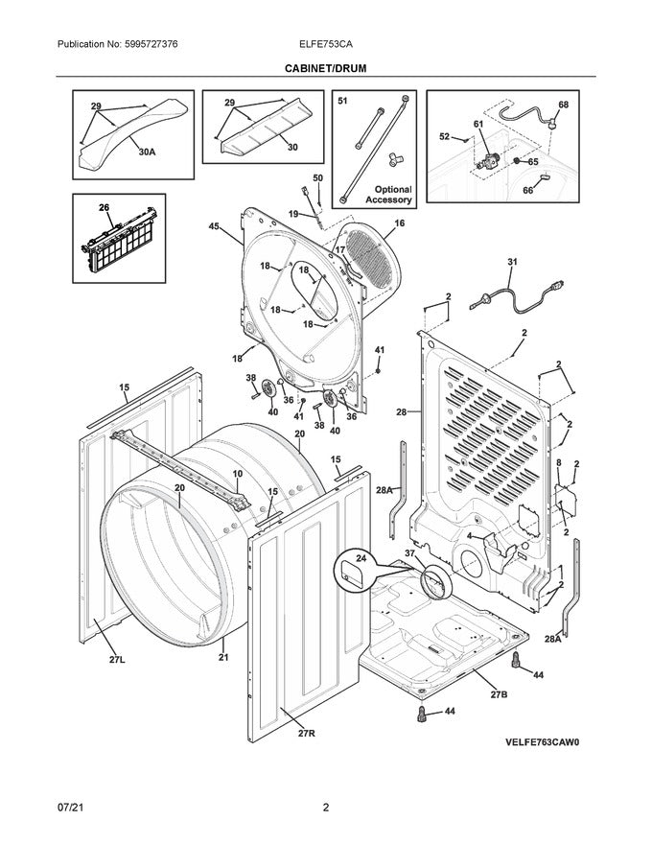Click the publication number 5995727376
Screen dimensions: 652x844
coord(144,45)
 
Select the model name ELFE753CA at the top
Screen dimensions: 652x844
coord(327,45)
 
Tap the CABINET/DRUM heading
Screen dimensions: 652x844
coord(325,68)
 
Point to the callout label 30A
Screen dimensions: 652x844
coord(147,152)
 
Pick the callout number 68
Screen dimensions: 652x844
coord(563,105)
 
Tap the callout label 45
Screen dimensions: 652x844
coord(214,226)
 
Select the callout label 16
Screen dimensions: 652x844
coord(399,223)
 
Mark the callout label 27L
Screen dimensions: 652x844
coord(117,660)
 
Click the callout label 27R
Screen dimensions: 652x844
coord(306,733)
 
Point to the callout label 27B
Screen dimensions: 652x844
coord(499,694)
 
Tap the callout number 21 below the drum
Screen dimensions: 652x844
coord(223,657)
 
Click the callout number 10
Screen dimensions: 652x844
coord(237,474)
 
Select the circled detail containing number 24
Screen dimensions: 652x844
coord(354,570)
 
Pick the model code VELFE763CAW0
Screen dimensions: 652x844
coord(543,742)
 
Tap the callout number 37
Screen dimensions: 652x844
coord(410,554)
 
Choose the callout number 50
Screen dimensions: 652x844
coord(318,177)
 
